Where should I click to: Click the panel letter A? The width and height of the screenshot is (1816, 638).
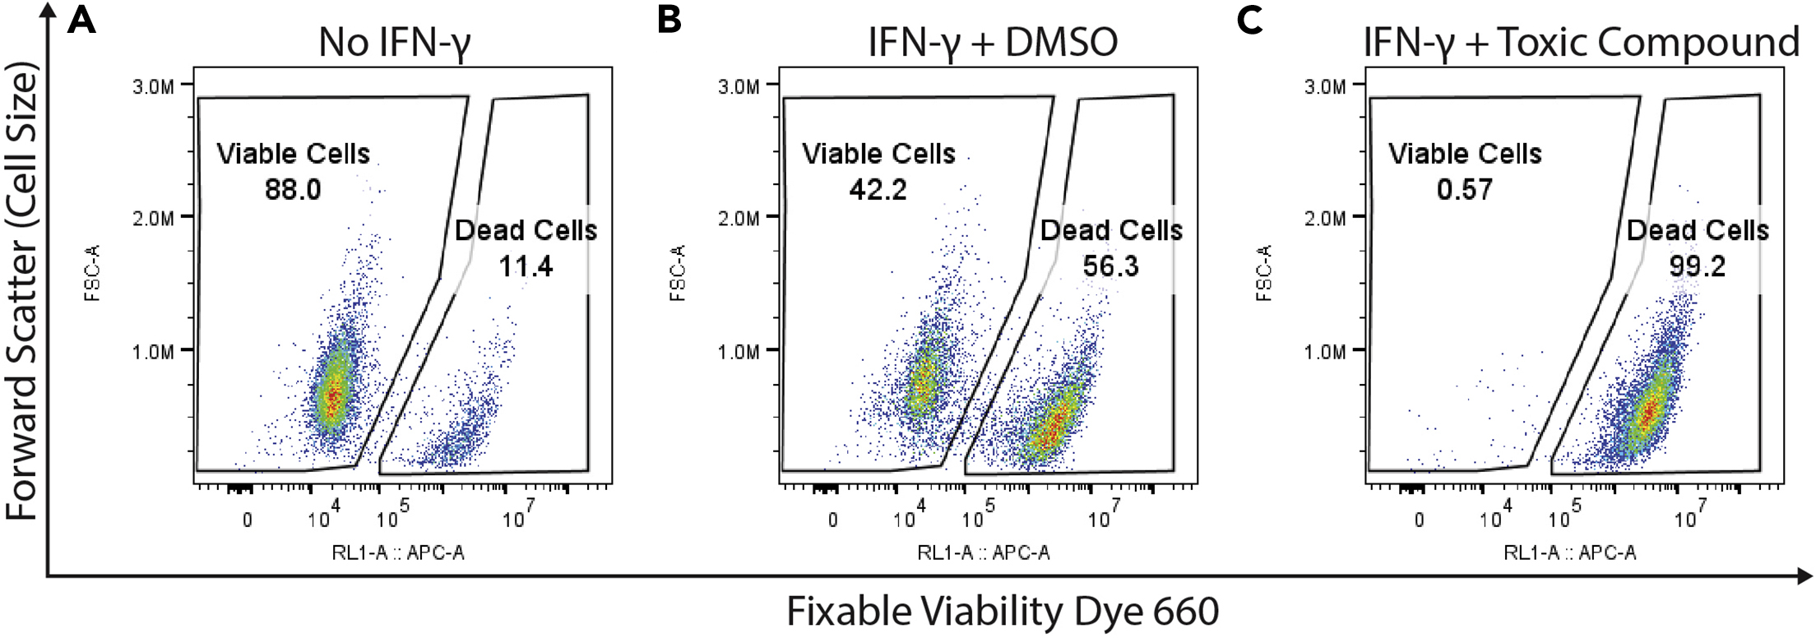81,19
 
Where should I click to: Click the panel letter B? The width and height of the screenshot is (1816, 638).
669,19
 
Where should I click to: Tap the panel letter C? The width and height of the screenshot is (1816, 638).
1249,19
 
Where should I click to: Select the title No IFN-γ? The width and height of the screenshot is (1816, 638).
395,43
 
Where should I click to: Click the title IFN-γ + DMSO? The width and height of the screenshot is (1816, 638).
993,43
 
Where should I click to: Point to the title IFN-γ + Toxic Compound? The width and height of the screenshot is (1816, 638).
1581,43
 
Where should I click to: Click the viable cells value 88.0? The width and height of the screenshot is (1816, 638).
293,190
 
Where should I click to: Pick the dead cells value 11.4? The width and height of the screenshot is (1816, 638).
526,266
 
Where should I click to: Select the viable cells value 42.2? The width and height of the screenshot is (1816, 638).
878,190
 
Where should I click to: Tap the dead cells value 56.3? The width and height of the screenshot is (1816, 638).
1110,266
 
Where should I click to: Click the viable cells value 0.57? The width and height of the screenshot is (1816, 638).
1464,190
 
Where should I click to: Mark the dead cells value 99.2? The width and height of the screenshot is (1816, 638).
1697,266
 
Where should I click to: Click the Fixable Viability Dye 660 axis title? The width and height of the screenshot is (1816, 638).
1002,612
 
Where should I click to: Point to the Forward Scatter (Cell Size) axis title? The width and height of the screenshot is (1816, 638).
22,292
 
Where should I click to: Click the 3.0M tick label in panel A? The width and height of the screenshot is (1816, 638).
153,86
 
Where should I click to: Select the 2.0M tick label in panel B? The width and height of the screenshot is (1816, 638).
739,219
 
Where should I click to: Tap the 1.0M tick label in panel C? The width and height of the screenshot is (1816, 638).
1325,352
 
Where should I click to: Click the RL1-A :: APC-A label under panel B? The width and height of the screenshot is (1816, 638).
984,552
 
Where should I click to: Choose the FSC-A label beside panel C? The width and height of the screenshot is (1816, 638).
1264,273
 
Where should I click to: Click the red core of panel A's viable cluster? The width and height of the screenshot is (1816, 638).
332,399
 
